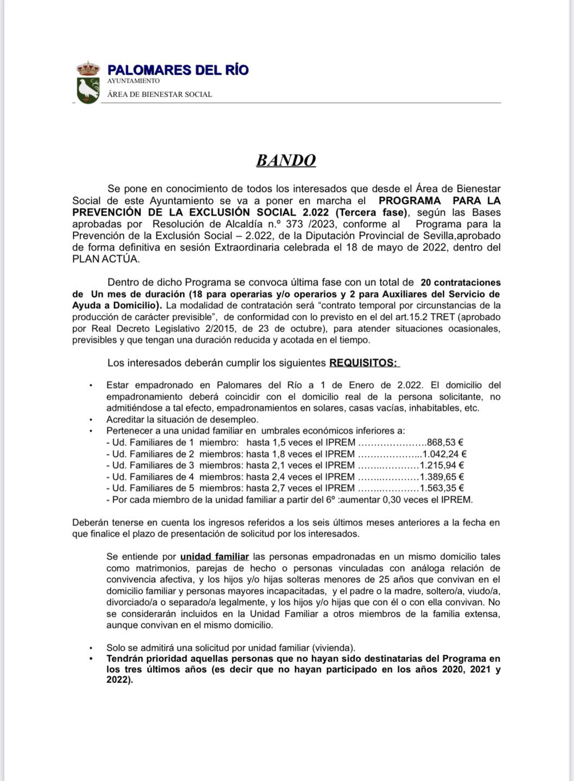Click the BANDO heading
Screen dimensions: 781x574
[x=286, y=161]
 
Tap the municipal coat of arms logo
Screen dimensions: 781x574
[x=88, y=84]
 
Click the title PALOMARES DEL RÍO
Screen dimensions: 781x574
[x=178, y=70]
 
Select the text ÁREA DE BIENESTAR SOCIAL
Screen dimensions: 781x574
[x=160, y=94]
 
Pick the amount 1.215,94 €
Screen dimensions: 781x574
[x=442, y=465]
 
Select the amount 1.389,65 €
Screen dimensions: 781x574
[x=442, y=477]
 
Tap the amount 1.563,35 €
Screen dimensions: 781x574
[x=442, y=489]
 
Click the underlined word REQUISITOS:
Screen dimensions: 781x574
[x=363, y=363]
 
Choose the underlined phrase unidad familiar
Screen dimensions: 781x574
[x=214, y=556]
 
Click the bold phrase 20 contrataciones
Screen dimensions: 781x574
[x=461, y=283]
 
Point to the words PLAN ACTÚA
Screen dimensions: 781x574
[x=106, y=259]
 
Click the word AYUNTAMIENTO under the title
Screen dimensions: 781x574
[x=133, y=81]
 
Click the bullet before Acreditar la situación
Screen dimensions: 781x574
[x=91, y=420]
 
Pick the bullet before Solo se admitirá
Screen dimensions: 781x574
[x=91, y=648]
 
